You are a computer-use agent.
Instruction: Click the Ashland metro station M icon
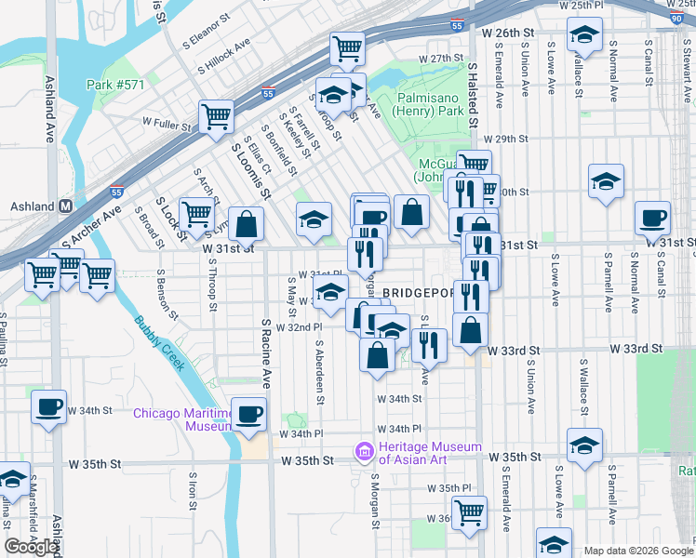pos(66,206)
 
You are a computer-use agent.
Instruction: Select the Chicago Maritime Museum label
pos(181,419)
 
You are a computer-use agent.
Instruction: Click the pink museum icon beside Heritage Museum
pos(363,453)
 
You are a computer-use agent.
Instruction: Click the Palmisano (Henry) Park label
pos(430,103)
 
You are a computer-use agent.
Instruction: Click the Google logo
pos(31,547)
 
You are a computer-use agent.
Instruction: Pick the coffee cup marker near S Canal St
pos(652,219)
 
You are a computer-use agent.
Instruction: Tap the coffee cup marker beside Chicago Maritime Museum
pos(248,415)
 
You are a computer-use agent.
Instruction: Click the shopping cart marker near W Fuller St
pos(216,117)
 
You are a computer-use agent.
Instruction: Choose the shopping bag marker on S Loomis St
pos(247,224)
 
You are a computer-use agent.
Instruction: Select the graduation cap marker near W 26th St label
pos(584,37)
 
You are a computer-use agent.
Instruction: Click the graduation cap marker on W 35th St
pos(584,445)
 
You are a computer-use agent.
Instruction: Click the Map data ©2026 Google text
pos(637,551)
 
